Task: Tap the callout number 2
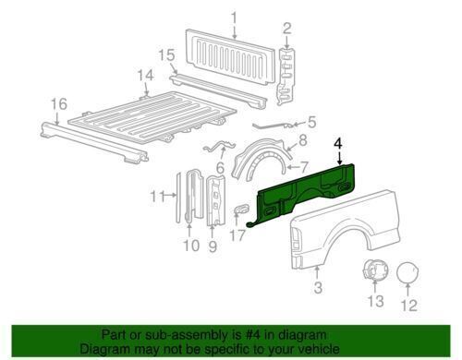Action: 286,29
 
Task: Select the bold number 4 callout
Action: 338,144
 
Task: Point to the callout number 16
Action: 58,104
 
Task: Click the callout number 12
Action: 409,305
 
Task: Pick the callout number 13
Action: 376,301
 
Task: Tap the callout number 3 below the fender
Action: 318,287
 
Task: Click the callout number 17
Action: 237,235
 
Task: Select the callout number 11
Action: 158,197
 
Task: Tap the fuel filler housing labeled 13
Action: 375,270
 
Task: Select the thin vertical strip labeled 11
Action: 178,197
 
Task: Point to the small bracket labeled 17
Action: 241,209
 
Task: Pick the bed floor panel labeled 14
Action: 151,118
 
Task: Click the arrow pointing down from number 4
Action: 339,159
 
